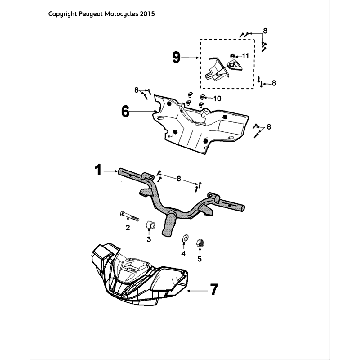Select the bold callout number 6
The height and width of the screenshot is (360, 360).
pyautogui.click(x=125, y=112)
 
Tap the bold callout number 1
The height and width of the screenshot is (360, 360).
pyautogui.click(x=98, y=170)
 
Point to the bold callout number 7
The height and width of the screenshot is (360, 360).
pyautogui.click(x=214, y=289)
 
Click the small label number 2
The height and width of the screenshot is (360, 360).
pyautogui.click(x=128, y=228)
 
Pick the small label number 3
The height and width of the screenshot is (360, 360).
pyautogui.click(x=149, y=239)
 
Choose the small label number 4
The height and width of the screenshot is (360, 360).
pyautogui.click(x=184, y=254)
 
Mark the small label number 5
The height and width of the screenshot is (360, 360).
pyautogui.click(x=199, y=259)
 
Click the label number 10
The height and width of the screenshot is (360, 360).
pyautogui.click(x=217, y=98)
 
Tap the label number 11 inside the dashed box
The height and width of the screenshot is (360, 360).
pyautogui.click(x=245, y=56)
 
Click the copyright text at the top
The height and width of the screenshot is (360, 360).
pyautogui.click(x=102, y=14)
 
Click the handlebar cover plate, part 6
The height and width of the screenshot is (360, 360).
pyautogui.click(x=200, y=122)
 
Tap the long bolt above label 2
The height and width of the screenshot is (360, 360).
pyautogui.click(x=128, y=216)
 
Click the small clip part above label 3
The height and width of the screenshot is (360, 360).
pyautogui.click(x=149, y=226)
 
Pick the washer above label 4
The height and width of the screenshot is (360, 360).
pyautogui.click(x=184, y=239)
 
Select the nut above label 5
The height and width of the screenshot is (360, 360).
pyautogui.click(x=200, y=243)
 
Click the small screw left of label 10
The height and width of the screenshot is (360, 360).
pyautogui.click(x=202, y=98)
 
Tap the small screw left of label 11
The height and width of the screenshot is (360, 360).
pyautogui.click(x=234, y=56)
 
